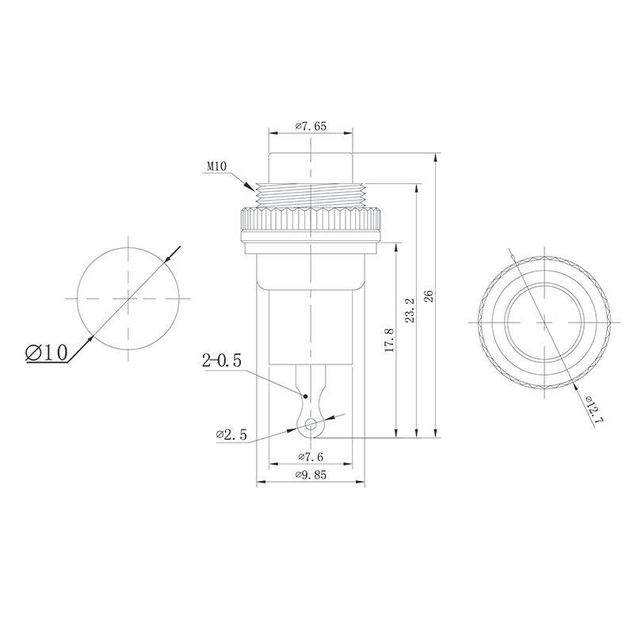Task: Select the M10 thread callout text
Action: point(218,166)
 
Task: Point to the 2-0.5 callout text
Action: point(223,362)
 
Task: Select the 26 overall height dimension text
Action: point(429,296)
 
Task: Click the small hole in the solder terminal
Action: point(312,424)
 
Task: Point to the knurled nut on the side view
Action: point(311,221)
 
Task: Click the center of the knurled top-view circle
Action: point(544,322)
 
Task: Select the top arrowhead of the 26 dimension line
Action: point(436,155)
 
